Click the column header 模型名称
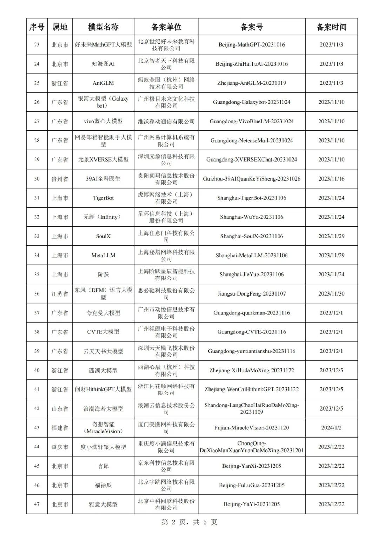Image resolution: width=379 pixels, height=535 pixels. (x=103, y=27)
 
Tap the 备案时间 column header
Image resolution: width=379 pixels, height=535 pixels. (x=331, y=27)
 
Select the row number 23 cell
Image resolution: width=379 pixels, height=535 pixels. (x=37, y=45)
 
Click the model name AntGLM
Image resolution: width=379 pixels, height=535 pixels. (x=103, y=83)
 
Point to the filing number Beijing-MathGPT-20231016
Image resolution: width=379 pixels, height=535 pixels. (x=252, y=45)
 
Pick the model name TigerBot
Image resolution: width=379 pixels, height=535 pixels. (x=103, y=198)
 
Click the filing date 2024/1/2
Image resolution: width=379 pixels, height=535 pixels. (x=331, y=428)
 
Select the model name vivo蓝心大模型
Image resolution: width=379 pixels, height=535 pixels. (x=103, y=121)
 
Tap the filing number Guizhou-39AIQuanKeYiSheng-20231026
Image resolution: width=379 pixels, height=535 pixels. (x=252, y=179)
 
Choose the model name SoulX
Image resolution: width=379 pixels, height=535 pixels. (x=103, y=236)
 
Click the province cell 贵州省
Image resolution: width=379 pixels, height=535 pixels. (x=60, y=179)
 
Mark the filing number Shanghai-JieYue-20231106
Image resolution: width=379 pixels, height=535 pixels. (x=252, y=275)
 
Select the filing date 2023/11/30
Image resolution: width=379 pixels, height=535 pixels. (x=331, y=294)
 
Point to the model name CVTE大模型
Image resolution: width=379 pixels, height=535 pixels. (x=103, y=332)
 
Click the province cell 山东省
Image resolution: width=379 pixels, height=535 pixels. (x=60, y=409)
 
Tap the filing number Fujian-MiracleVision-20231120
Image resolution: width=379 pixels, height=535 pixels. (x=252, y=428)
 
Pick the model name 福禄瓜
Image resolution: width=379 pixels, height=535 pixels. (x=103, y=485)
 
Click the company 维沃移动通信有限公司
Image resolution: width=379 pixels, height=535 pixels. (x=166, y=121)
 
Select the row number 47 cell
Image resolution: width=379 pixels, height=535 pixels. (x=37, y=504)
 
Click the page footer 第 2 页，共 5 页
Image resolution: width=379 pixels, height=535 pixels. (x=189, y=522)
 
